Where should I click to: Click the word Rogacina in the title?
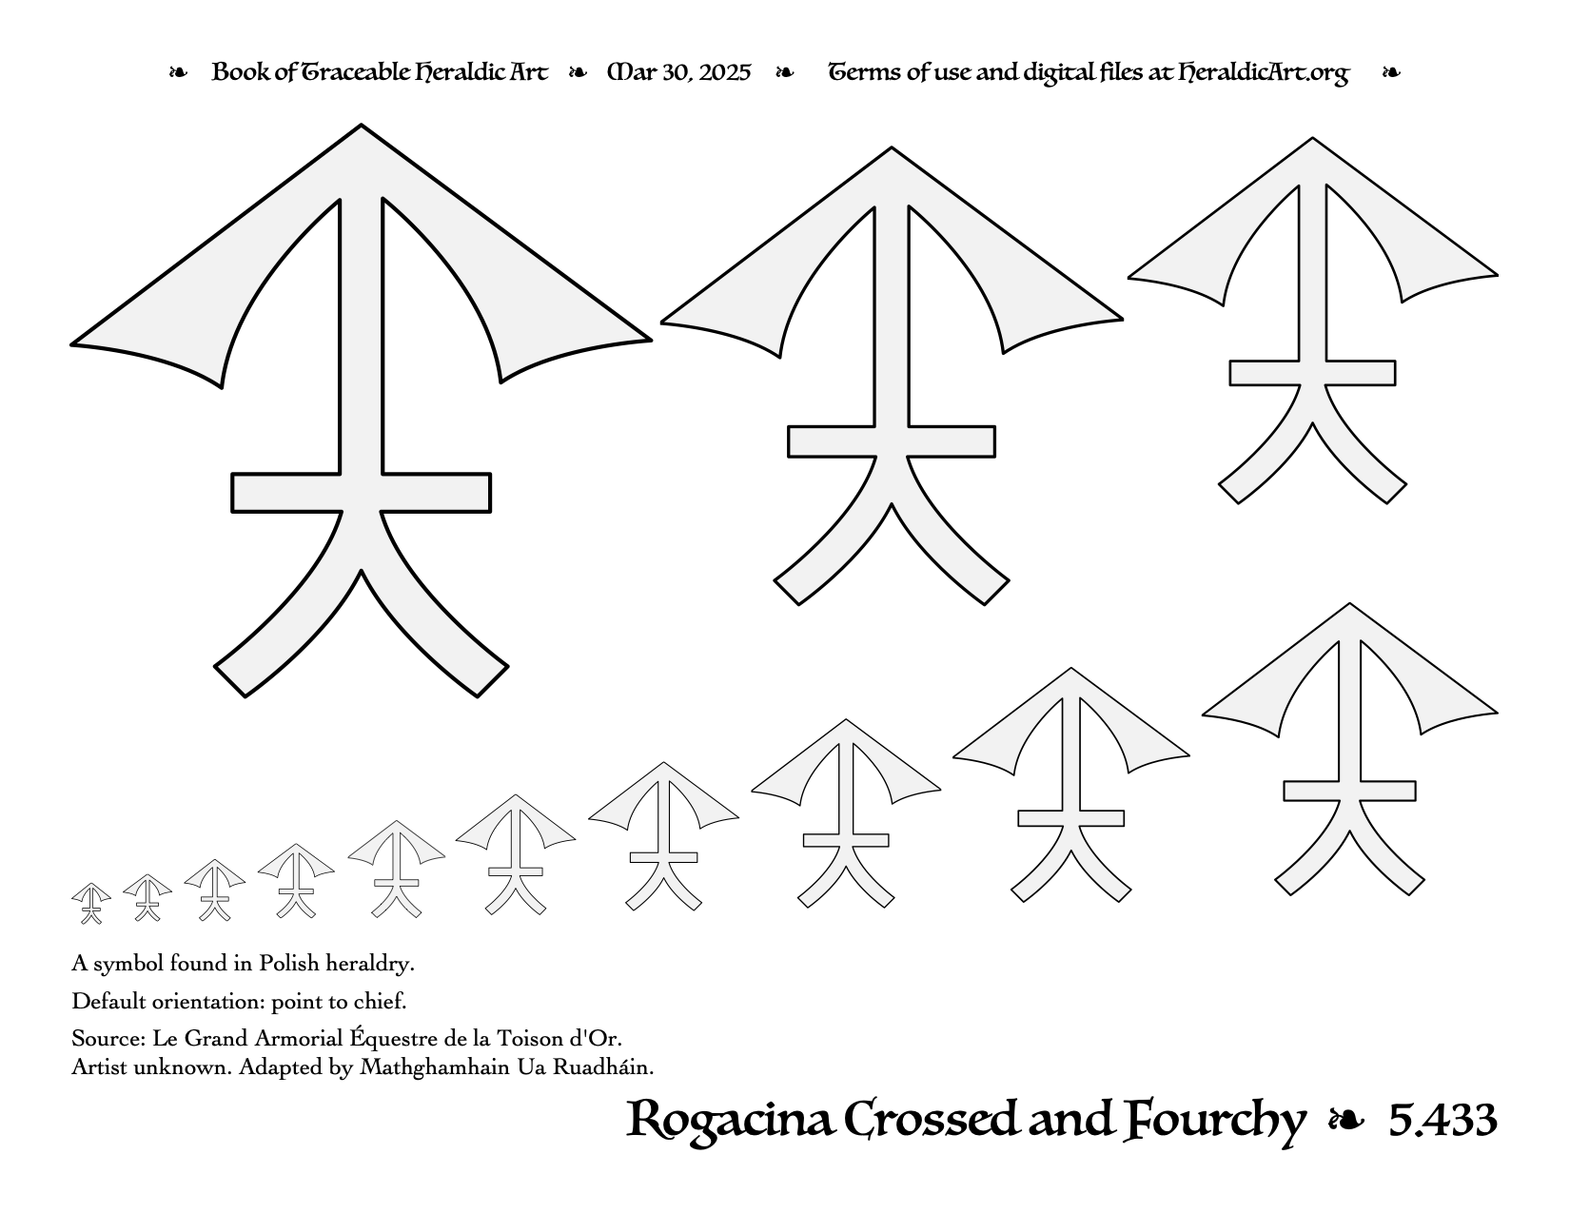(x=729, y=1121)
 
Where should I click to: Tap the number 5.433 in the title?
(x=1442, y=1121)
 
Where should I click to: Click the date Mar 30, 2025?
(x=679, y=72)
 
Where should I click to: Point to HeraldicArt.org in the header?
(x=1264, y=73)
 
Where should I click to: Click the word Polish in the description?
(x=289, y=964)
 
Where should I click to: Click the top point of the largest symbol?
(x=362, y=126)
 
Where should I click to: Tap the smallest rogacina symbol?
(x=91, y=903)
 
